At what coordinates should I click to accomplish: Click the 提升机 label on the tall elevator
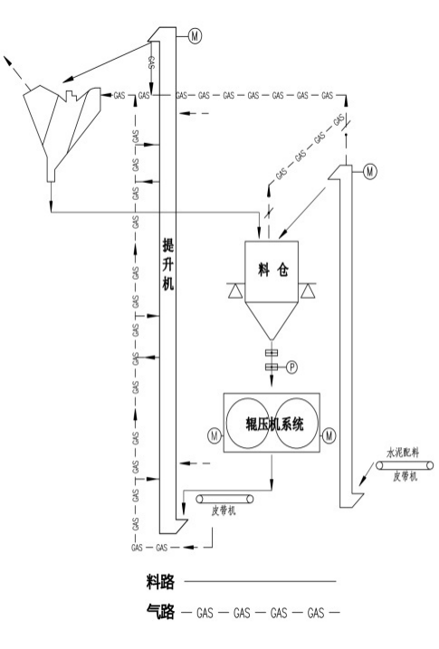point(168,264)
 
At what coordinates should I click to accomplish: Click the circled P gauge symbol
point(291,367)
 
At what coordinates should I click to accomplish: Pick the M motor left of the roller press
point(215,436)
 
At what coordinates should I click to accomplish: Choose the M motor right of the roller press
point(329,435)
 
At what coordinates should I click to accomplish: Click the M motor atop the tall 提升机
point(195,36)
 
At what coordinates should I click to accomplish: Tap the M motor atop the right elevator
point(370,171)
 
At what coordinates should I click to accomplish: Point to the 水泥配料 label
point(403,453)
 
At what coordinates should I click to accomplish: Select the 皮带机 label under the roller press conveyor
point(224,511)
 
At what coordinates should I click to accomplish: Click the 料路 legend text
point(160,582)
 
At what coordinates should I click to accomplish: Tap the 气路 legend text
point(160,611)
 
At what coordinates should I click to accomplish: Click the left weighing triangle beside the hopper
point(234,291)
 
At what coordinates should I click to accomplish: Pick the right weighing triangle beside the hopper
point(308,291)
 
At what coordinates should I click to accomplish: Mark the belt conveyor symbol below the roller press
point(224,499)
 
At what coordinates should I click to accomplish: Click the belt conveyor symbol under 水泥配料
point(405,465)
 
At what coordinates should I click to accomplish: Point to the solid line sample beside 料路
point(260,581)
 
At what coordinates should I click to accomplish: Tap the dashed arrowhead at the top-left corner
point(7,61)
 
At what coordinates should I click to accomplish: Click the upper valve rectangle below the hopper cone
point(272,353)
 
